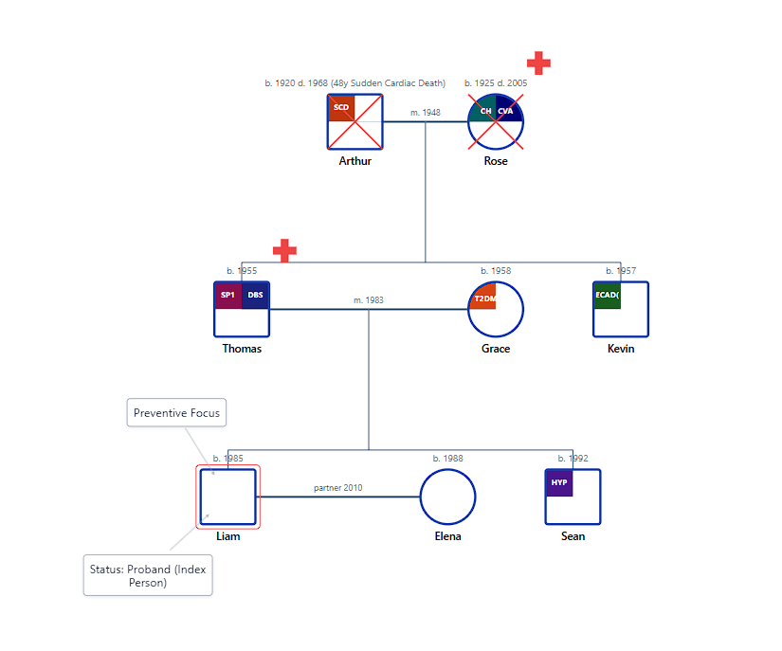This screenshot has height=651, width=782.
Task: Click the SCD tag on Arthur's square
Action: [x=341, y=107]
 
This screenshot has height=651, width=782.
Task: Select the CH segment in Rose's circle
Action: [x=484, y=110]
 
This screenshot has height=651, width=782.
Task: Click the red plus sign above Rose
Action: [x=538, y=63]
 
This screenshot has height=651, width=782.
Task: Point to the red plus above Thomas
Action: [x=284, y=250]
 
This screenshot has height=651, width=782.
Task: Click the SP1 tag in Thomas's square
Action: [x=228, y=295]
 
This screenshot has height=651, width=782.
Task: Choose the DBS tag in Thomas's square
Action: [x=256, y=295]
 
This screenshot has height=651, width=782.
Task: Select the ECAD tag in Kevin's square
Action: [x=607, y=295]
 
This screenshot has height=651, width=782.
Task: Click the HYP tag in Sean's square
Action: [x=559, y=482]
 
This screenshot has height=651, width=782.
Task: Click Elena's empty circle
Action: [x=447, y=497]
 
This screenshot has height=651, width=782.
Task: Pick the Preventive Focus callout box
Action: [x=176, y=412]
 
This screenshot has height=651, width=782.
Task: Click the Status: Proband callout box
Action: [x=148, y=575]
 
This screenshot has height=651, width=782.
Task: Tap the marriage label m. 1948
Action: [x=425, y=113]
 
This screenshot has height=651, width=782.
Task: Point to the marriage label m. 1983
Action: [x=369, y=300]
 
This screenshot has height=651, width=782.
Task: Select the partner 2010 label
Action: [x=337, y=488]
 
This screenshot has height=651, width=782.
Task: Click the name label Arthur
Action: [x=355, y=161]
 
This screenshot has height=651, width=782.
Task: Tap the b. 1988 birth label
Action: [x=447, y=459]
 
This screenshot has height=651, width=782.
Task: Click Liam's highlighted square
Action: [x=227, y=497]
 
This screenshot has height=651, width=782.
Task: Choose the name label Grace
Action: [x=496, y=349]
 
